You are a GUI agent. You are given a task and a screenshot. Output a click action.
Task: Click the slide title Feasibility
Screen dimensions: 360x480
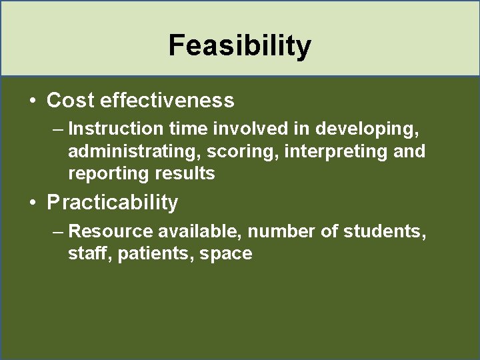[239, 46]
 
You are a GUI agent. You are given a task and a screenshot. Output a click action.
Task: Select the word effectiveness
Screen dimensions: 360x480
[167, 101]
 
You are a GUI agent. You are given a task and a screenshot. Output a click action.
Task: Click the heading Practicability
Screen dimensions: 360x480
[113, 202]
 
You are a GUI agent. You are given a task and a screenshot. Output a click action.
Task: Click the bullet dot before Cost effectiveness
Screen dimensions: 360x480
[32, 101]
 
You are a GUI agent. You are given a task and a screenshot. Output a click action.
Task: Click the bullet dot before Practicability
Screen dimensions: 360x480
[32, 203]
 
